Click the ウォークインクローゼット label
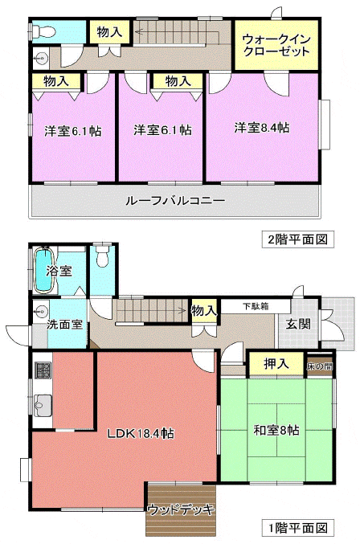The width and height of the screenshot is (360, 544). (276, 46)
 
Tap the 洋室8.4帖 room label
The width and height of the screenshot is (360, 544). (262, 128)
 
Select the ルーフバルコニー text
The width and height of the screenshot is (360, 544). (175, 201)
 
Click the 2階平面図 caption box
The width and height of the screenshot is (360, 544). (297, 239)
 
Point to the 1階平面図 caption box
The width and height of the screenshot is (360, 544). (297, 528)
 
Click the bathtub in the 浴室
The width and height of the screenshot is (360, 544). (45, 270)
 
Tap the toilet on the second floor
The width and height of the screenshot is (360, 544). (43, 32)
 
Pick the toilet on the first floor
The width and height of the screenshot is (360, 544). (102, 256)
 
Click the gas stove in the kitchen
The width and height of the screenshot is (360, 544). (43, 370)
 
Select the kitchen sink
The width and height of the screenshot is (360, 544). (43, 405)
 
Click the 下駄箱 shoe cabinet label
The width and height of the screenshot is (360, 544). (256, 307)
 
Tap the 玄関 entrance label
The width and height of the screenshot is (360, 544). (298, 325)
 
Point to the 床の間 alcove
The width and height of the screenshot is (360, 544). (320, 366)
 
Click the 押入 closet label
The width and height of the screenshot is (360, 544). (276, 363)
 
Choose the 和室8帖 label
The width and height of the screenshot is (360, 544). (276, 431)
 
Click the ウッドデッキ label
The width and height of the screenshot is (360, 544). (181, 509)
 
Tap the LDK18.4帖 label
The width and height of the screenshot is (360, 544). (141, 433)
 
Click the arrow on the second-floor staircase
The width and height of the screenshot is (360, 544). (177, 32)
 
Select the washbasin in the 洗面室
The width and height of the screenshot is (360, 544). (41, 311)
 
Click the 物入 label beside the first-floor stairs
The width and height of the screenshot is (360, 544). (204, 310)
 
